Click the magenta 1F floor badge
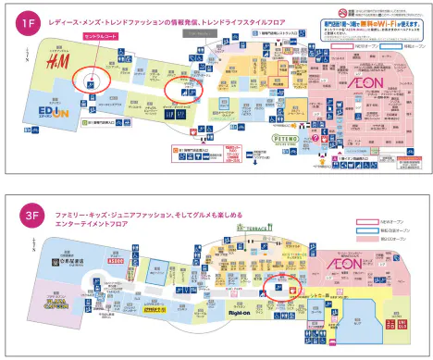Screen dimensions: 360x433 [28, 20]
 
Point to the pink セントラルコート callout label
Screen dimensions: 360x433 [101, 34]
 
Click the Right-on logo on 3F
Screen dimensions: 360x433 [241, 312]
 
